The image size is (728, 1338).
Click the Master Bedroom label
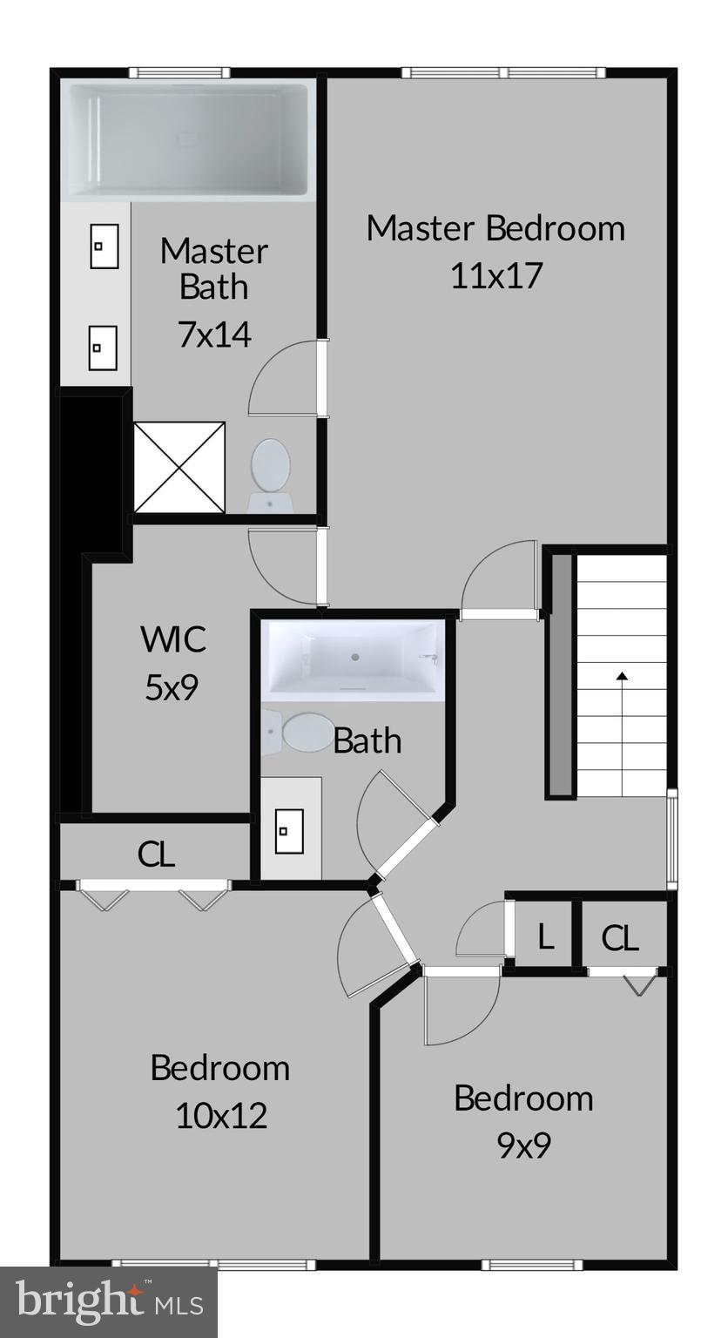pos(495,228)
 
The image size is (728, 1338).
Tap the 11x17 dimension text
pos(495,275)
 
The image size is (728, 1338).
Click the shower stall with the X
pos(179,467)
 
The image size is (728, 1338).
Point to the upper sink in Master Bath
pos(104,246)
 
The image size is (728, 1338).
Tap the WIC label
pos(173,639)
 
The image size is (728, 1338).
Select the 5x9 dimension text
pos(172,688)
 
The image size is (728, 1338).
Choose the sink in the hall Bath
pos(289,831)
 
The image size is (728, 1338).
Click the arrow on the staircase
pos(622,675)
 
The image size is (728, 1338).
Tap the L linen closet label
pos(546,938)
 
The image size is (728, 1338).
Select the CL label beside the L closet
pos(620,938)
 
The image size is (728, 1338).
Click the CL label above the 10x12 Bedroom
pos(156,855)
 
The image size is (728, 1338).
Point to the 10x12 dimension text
pos(220,1115)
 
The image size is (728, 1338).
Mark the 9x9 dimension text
pos(523,1145)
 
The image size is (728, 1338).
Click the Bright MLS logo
pos(108,1303)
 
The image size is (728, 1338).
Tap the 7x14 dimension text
pos(214,334)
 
